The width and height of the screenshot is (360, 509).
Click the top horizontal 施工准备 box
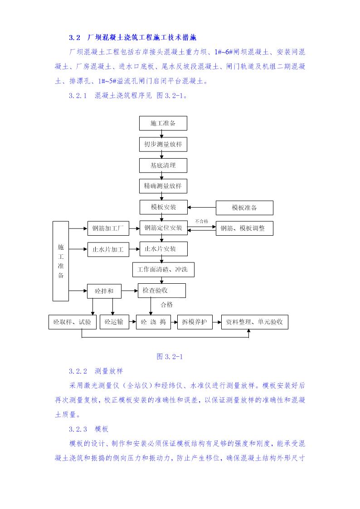[163, 123]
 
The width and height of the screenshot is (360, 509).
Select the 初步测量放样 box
[163, 145]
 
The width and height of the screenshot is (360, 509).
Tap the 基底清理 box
[163, 165]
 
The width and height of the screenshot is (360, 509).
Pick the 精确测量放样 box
[163, 186]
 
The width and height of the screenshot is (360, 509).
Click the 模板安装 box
[163, 207]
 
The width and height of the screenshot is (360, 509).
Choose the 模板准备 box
[244, 208]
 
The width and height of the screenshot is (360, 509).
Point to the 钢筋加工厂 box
[108, 228]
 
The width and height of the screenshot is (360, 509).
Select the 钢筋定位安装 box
[163, 228]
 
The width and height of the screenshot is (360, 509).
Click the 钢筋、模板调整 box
[244, 228]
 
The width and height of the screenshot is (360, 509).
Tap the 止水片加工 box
[108, 249]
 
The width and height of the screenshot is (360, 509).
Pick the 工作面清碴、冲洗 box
[163, 270]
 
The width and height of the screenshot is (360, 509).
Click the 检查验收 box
[161, 291]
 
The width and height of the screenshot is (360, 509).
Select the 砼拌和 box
[104, 291]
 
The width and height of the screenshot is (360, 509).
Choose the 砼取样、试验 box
[72, 322]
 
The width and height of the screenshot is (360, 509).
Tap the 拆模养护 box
[195, 322]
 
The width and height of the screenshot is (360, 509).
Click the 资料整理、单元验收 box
[254, 322]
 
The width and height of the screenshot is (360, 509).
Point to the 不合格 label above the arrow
[201, 221]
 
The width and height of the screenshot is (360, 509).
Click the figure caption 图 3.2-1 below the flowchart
[169, 357]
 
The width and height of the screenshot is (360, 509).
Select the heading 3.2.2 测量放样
[96, 371]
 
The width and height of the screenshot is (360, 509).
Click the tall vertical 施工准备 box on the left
[61, 261]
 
